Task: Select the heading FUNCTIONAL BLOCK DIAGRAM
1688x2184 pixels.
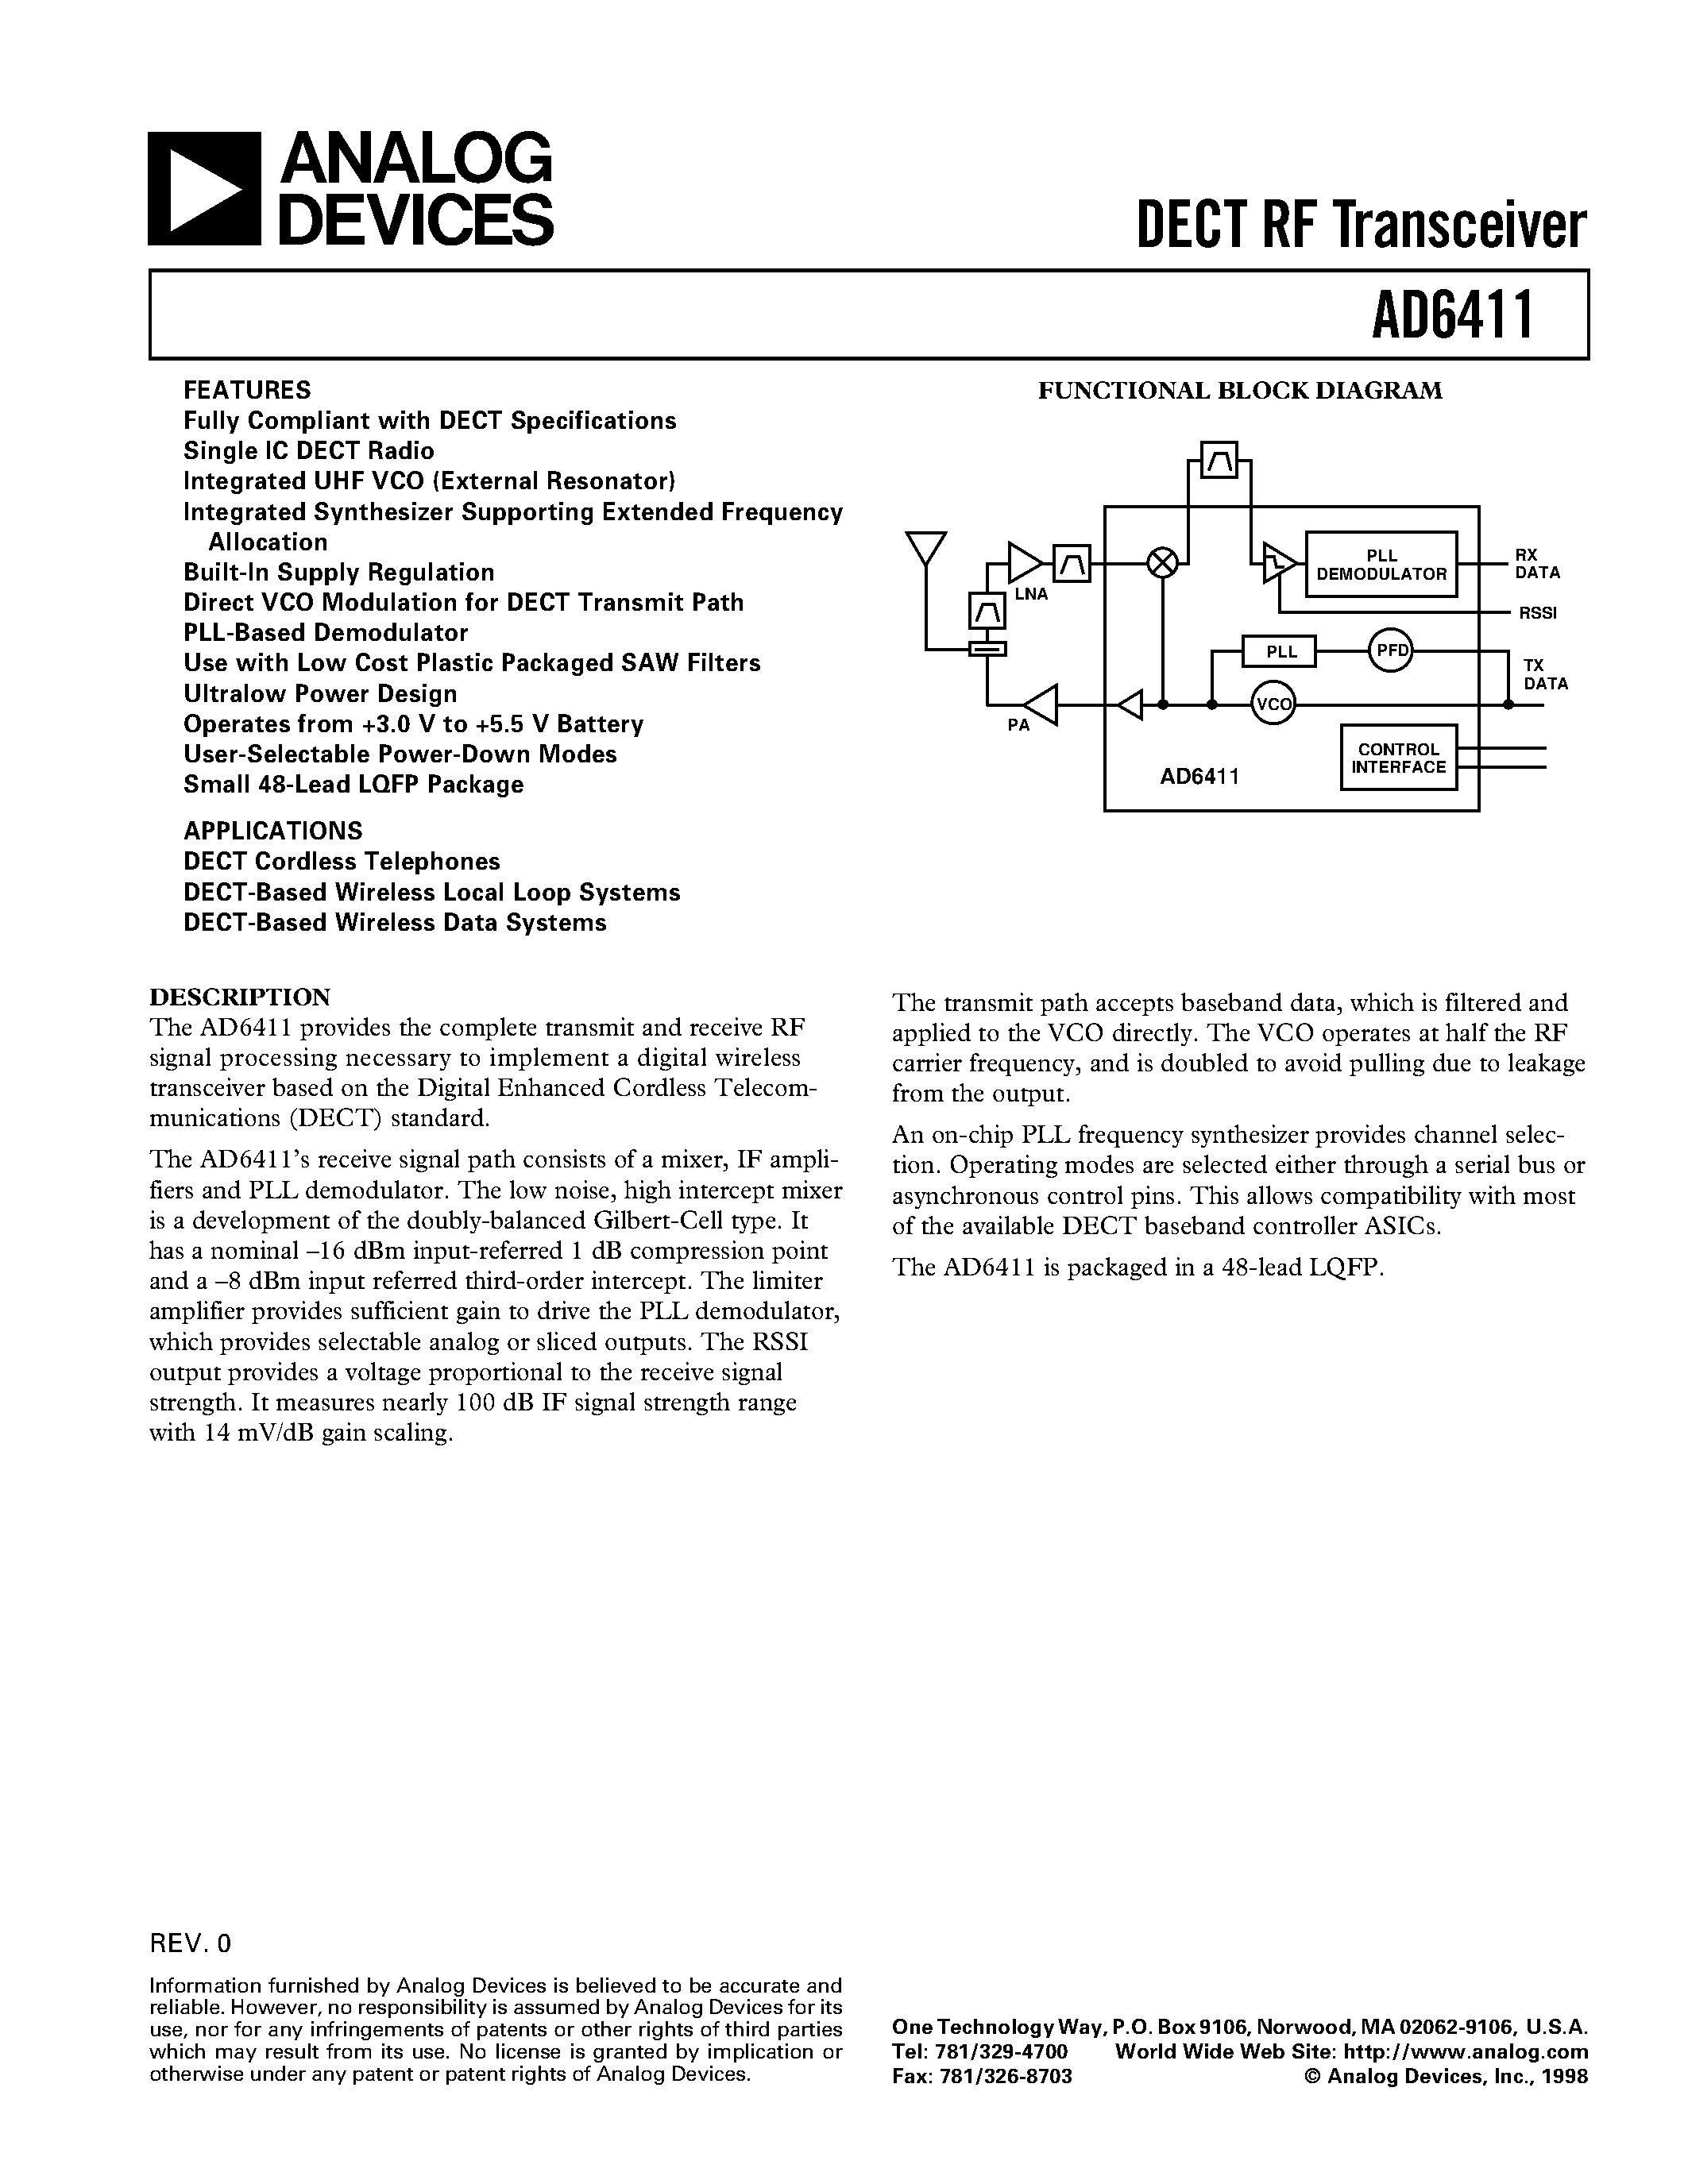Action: tap(1240, 391)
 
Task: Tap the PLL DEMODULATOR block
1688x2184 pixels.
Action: tap(1381, 565)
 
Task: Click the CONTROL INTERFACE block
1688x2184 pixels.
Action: tap(1398, 758)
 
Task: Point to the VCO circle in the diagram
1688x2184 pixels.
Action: tap(1273, 704)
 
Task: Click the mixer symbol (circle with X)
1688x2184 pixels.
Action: tap(1162, 563)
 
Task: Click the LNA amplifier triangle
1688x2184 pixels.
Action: tap(1023, 563)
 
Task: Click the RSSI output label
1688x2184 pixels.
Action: tap(1537, 613)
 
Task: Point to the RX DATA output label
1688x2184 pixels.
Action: tap(1537, 564)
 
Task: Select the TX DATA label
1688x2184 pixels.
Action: tap(1544, 675)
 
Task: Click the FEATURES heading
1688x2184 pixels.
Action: tap(247, 390)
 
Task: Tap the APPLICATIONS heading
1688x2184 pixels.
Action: tap(273, 831)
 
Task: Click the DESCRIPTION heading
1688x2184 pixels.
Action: tap(240, 997)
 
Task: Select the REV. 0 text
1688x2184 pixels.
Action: tap(190, 1943)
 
